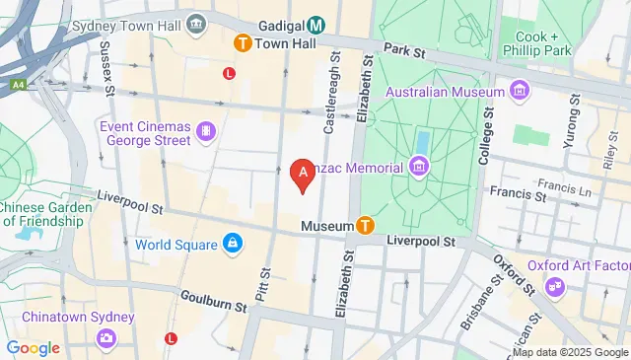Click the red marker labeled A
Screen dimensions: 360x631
(305, 174)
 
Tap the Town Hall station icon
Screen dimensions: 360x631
(242, 43)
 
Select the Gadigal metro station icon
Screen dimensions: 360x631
(316, 25)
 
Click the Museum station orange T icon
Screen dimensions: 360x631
(365, 226)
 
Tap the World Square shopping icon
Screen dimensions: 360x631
(232, 243)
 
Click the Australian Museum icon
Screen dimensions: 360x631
(520, 92)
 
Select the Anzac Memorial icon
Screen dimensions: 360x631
(419, 166)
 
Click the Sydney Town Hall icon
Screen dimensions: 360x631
(197, 23)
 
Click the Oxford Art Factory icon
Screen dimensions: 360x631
(555, 286)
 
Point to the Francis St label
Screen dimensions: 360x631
(524, 195)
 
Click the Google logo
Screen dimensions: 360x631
(33, 347)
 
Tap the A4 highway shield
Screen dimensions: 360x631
(18, 86)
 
